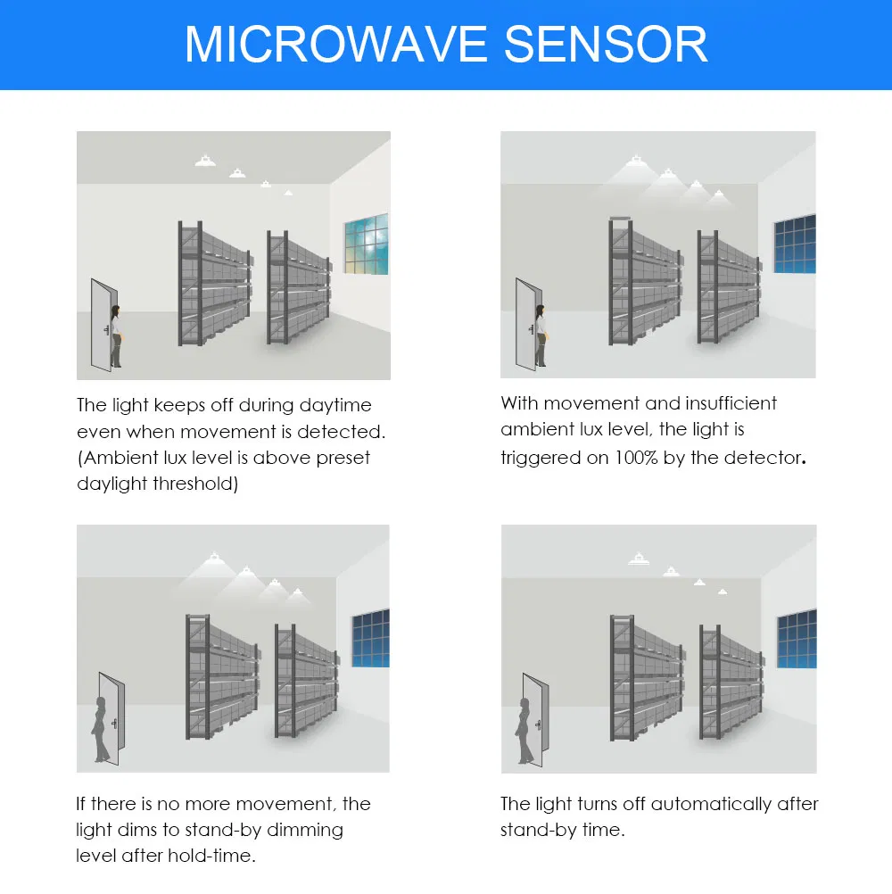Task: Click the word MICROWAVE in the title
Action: (x=335, y=44)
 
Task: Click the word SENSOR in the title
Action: (x=606, y=44)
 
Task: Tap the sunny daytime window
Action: (x=366, y=244)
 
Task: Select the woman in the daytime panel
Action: (x=116, y=336)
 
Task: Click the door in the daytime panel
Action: (x=103, y=325)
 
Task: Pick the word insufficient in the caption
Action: (x=731, y=403)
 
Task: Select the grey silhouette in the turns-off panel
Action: (x=524, y=731)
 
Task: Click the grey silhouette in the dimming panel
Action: (x=100, y=729)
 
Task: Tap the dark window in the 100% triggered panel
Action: (x=795, y=244)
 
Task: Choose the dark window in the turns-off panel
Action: (x=797, y=639)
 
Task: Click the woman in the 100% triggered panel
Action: (x=541, y=335)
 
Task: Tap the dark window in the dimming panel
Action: (x=370, y=638)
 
